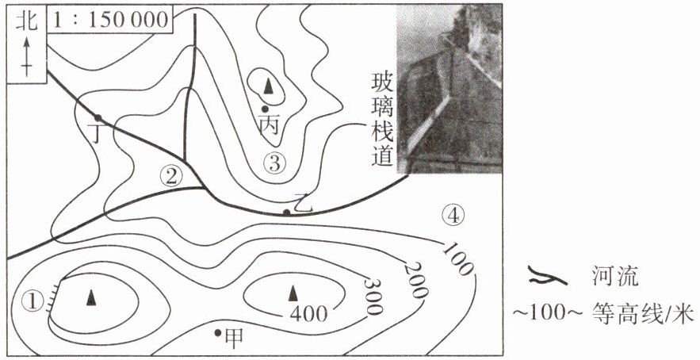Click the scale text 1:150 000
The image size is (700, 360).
[110, 20]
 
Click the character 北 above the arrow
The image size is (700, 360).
[26, 21]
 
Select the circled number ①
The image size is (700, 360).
[33, 301]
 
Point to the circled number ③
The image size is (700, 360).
[274, 163]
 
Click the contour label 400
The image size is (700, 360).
[308, 314]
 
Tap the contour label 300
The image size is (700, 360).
[373, 296]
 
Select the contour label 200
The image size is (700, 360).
[415, 280]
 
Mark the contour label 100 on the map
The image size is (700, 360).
[457, 257]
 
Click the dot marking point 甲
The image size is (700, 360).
[218, 332]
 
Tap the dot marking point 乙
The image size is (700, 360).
[287, 213]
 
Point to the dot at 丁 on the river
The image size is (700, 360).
[98, 118]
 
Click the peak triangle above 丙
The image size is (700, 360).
[268, 86]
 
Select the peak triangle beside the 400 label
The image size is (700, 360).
[293, 293]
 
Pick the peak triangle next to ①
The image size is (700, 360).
[91, 297]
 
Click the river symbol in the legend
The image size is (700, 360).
[547, 278]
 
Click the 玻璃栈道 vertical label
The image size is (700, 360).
[384, 120]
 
